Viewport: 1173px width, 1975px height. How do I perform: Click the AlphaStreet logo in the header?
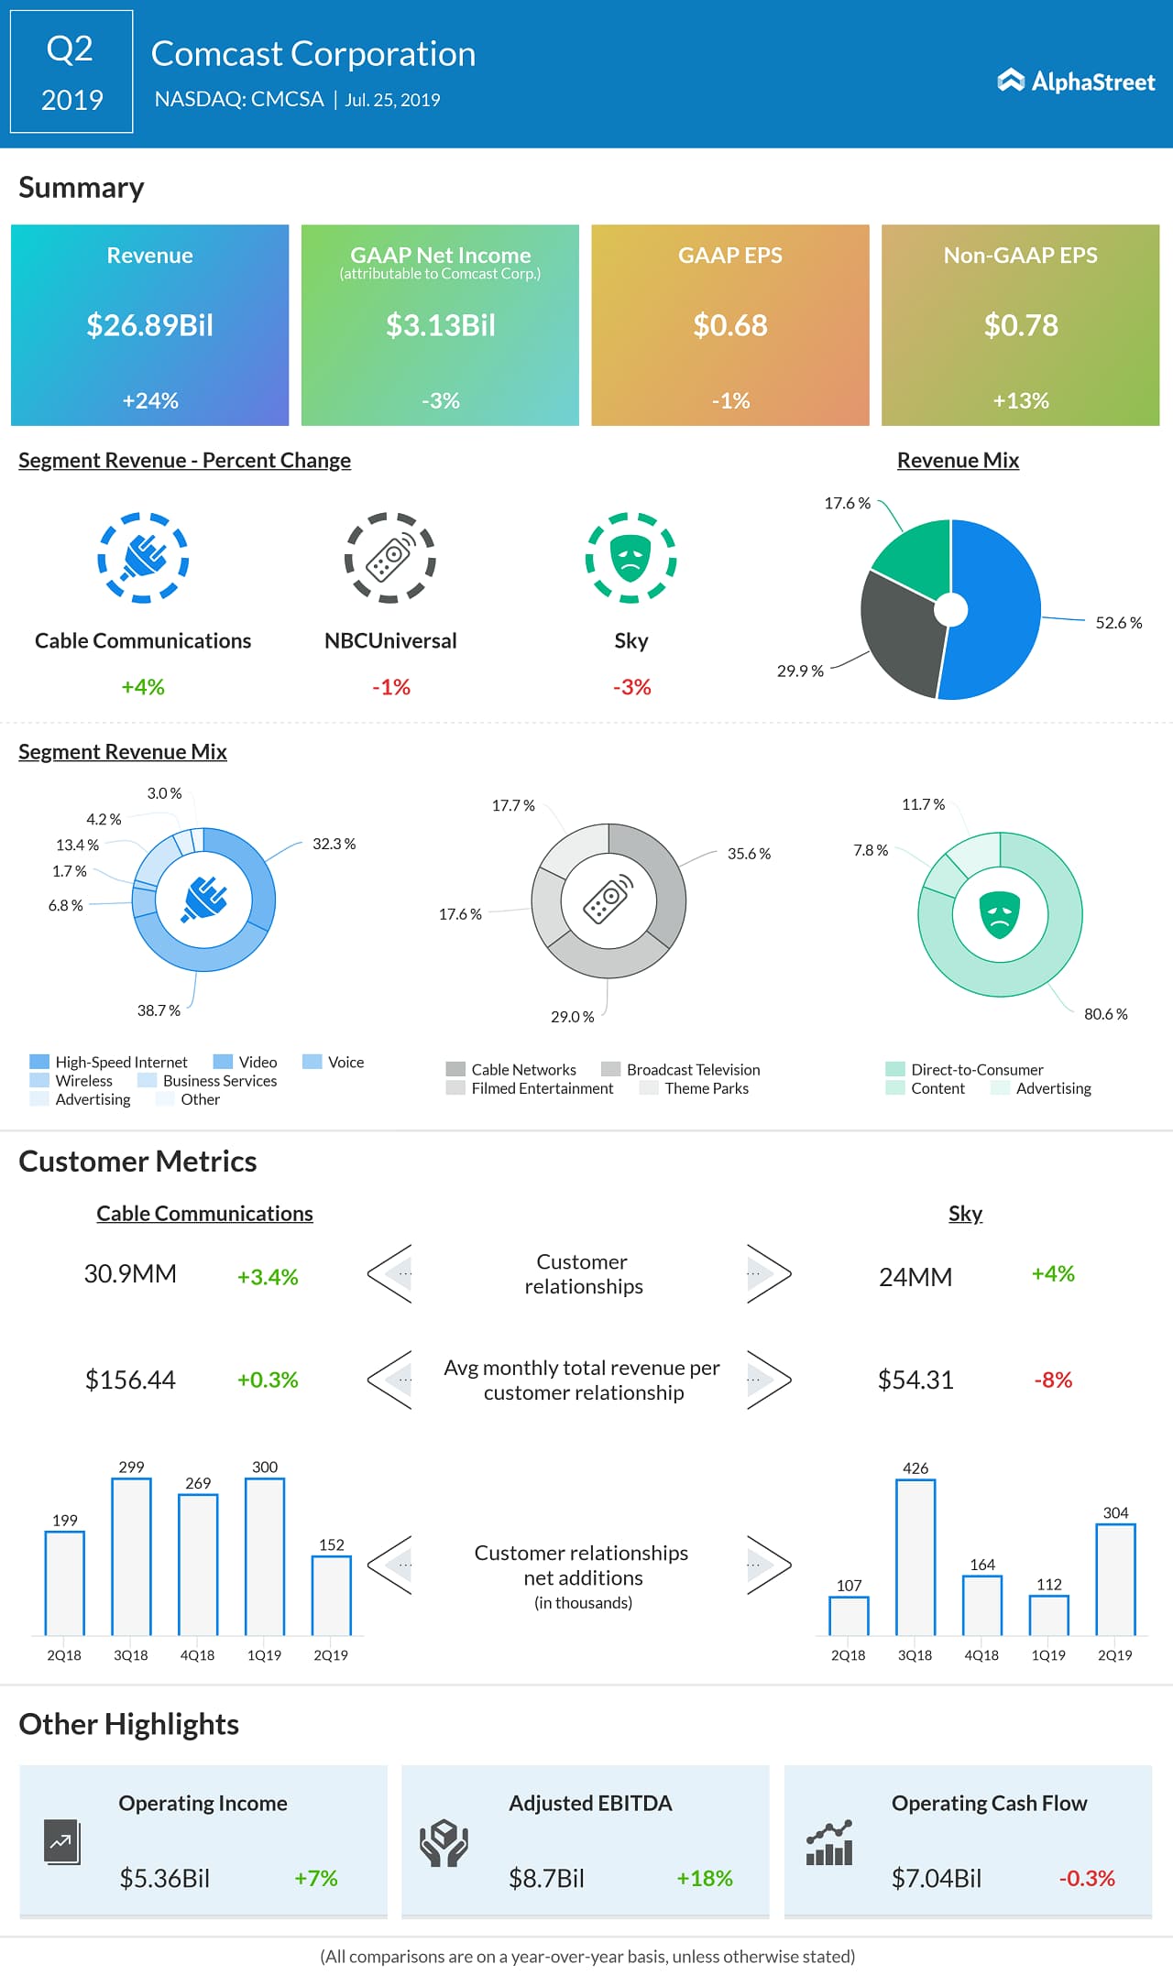pos(1076,82)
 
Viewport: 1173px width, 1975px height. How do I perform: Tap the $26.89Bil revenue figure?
pos(149,325)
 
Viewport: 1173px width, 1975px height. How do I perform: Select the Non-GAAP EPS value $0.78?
pos(1020,325)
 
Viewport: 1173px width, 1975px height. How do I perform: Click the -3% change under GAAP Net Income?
pos(440,400)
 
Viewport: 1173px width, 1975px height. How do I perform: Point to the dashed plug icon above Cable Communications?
pos(143,557)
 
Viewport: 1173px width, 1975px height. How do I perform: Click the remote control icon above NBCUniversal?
pos(390,557)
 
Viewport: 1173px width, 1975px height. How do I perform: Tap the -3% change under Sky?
pos(631,687)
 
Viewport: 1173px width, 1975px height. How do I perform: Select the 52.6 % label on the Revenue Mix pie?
pos(1118,623)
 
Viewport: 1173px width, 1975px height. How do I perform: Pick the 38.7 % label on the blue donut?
pos(159,1010)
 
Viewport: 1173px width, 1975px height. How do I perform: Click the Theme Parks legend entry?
pos(706,1088)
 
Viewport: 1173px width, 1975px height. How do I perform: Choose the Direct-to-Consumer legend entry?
pos(976,1069)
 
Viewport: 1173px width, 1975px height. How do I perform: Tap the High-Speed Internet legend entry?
pos(120,1062)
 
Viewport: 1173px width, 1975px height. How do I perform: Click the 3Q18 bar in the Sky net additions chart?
pos(915,1557)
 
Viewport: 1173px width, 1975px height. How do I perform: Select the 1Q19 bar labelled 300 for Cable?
pos(265,1556)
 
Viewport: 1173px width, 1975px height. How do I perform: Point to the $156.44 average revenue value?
pos(130,1380)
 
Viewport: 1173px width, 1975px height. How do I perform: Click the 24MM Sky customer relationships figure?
pos(915,1277)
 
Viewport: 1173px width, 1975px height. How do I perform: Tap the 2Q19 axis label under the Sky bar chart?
pos(1114,1655)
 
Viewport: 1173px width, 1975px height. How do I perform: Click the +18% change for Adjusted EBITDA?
pos(704,1878)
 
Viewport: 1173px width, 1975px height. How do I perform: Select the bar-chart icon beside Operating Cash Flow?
pos(829,1843)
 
